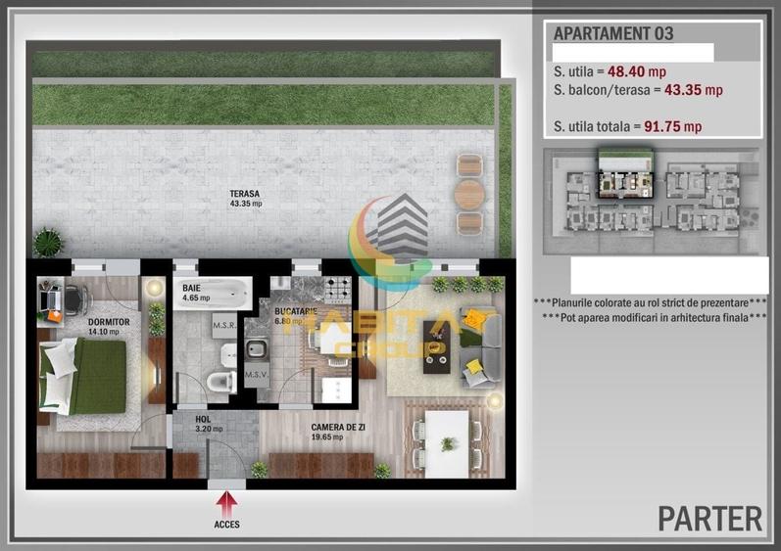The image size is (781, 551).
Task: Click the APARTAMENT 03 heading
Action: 613,32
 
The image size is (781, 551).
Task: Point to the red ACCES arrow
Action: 225,503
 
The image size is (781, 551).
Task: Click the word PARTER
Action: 709,517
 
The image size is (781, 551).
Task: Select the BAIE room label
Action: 191,289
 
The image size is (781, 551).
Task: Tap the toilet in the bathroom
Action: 221,380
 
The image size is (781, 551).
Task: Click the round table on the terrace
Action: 470,192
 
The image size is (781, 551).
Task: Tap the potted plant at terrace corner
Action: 46,241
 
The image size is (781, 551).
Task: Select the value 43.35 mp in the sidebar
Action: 693,90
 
